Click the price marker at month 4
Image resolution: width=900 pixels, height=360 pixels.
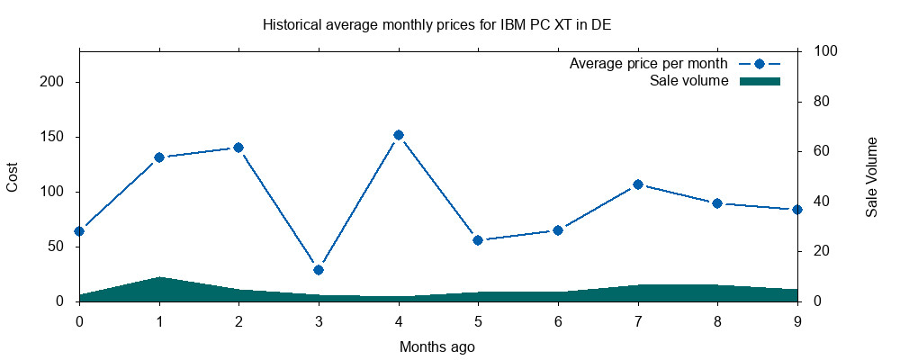click(399, 135)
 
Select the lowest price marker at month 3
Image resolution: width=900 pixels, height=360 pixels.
click(319, 270)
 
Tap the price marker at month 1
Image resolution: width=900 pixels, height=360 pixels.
click(159, 157)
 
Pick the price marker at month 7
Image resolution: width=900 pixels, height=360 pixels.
click(638, 184)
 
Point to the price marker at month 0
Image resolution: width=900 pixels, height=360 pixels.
click(79, 231)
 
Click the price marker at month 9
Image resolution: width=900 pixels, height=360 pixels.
click(797, 210)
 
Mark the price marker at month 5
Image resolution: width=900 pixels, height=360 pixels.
click(478, 240)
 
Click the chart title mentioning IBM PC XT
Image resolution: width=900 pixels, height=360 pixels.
click(436, 24)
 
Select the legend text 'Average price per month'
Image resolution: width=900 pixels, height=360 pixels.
click(648, 64)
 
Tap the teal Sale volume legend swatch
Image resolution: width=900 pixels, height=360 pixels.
click(759, 81)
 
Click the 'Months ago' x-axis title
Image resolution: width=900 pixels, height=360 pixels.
click(436, 346)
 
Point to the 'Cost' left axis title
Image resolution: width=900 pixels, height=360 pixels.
click(13, 176)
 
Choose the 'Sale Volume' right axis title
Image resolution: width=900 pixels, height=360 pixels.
click(871, 176)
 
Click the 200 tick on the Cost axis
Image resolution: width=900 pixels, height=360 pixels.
click(58, 82)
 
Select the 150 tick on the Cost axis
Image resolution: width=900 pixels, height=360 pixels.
click(58, 137)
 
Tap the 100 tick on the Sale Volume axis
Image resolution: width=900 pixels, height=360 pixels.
click(826, 51)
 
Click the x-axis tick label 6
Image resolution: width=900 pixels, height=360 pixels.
click(558, 320)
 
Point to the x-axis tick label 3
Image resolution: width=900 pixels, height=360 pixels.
click(319, 320)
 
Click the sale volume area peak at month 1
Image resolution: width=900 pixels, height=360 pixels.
click(159, 279)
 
